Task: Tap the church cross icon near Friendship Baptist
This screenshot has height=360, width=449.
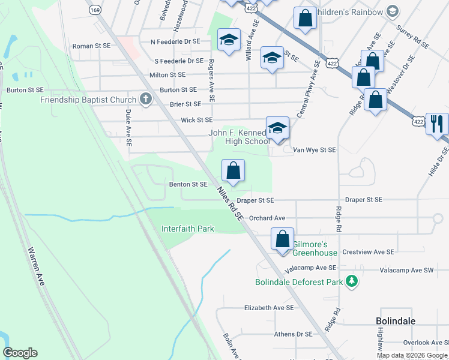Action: point(145,99)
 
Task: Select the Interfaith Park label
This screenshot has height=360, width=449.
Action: point(188,229)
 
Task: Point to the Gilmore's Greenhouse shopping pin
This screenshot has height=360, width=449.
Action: point(282,239)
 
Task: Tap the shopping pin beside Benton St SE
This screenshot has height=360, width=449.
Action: point(234,171)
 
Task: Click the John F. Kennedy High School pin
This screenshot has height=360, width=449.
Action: point(277,128)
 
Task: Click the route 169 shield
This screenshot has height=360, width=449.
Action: point(94,10)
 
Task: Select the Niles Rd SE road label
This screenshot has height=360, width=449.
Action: point(230,204)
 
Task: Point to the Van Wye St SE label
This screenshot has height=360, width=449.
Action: point(315,150)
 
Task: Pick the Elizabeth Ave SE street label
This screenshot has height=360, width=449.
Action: point(268,307)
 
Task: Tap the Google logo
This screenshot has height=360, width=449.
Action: point(20,353)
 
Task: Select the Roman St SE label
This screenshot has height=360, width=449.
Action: point(91,46)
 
